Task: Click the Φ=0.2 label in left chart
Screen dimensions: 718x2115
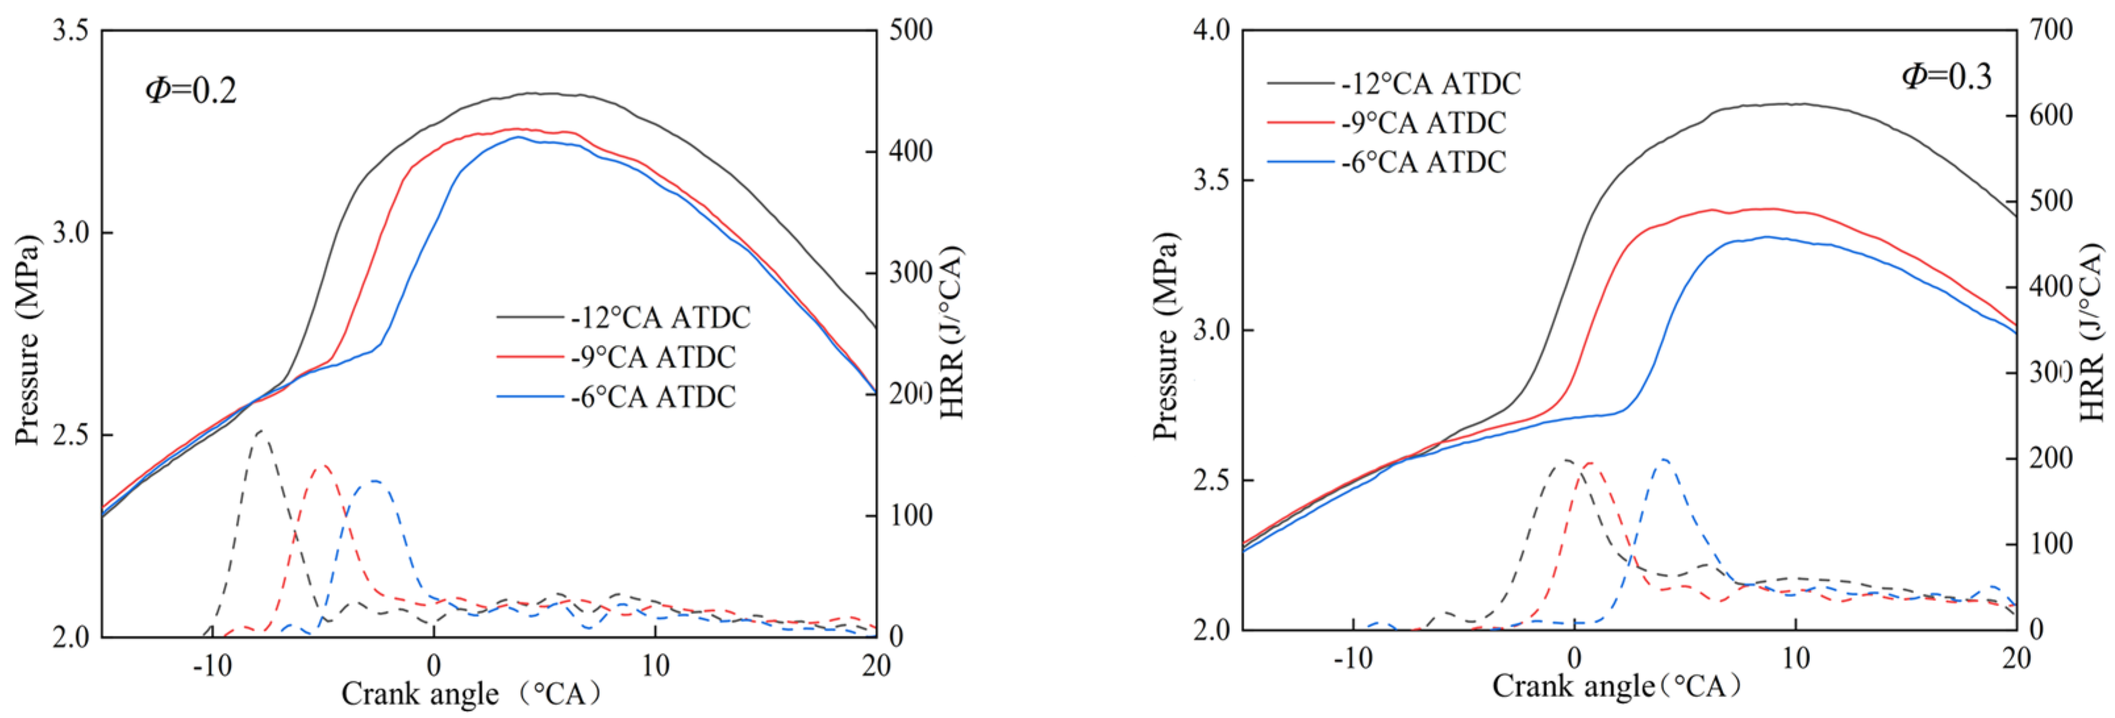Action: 191,90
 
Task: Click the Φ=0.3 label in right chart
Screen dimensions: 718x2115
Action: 1946,76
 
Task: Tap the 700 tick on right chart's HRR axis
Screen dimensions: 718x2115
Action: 2050,30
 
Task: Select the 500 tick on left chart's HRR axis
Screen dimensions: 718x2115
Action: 911,30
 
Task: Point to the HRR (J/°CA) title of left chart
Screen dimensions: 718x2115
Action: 951,333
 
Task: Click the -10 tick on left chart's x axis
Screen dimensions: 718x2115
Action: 212,665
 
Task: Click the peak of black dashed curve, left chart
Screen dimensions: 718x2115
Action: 260,430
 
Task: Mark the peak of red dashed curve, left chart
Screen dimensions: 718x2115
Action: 323,465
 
